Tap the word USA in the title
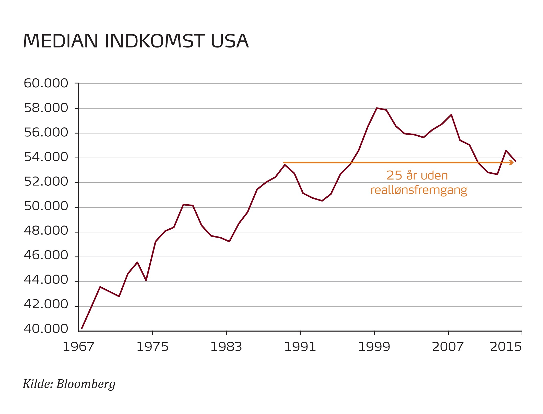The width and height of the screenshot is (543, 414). pyautogui.click(x=230, y=41)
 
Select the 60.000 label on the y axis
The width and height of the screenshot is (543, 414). pyautogui.click(x=46, y=84)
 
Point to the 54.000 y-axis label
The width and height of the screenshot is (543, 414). pyautogui.click(x=46, y=157)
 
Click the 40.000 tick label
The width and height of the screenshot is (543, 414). pyautogui.click(x=46, y=329)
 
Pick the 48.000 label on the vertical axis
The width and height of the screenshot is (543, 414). pyautogui.click(x=46, y=231)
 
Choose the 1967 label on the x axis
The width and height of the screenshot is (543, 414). pyautogui.click(x=78, y=347)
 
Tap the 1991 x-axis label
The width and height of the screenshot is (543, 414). pyautogui.click(x=300, y=347)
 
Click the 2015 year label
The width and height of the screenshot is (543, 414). pyautogui.click(x=506, y=347)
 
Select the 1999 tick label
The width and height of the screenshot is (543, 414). pyautogui.click(x=374, y=347)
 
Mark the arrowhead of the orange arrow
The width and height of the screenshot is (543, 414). pyautogui.click(x=511, y=162)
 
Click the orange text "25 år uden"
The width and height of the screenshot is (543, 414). pyautogui.click(x=417, y=176)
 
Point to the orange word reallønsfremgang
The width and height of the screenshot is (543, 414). pyautogui.click(x=419, y=190)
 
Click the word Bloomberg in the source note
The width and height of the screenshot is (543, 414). pyautogui.click(x=86, y=384)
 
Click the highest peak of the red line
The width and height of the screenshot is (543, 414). pyautogui.click(x=377, y=108)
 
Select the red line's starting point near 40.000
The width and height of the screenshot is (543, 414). pyautogui.click(x=82, y=328)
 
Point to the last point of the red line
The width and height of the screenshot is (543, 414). pyautogui.click(x=515, y=161)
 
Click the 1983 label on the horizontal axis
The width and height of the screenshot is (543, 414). pyautogui.click(x=226, y=347)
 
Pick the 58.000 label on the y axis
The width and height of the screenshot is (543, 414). pyautogui.click(x=46, y=108)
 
